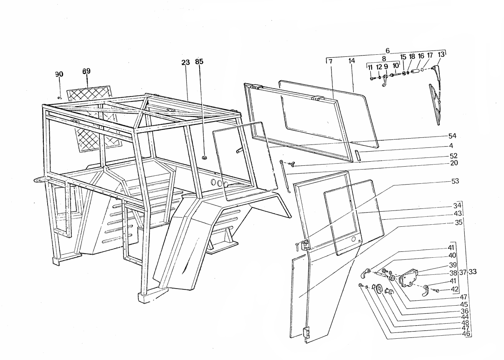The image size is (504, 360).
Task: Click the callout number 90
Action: [x=59, y=74]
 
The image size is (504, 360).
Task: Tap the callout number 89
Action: [x=86, y=71]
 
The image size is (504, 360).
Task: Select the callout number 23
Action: [x=186, y=62]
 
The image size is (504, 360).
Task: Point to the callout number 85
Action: [x=199, y=61]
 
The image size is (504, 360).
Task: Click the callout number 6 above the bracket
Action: [x=387, y=51]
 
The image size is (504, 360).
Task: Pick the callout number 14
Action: [x=352, y=61]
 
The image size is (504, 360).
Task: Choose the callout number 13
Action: [x=441, y=54]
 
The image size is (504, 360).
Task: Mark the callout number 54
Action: [x=452, y=136]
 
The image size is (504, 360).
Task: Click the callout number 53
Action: [x=455, y=181]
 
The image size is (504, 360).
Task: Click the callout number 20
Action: [x=454, y=163]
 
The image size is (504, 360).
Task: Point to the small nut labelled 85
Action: [x=204, y=157]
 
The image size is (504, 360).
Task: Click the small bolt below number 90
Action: [x=60, y=97]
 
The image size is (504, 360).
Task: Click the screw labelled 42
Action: [x=437, y=291]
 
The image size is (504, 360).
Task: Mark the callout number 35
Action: [x=458, y=222]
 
